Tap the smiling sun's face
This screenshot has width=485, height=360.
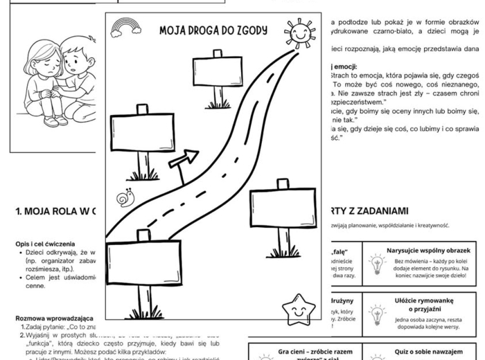click(x=301, y=33)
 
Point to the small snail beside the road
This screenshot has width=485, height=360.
click(x=125, y=199)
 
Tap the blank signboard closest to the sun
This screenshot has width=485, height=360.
click(x=218, y=73)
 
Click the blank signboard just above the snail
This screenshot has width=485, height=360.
click(x=143, y=132)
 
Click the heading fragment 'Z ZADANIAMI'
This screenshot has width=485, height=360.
click(x=378, y=210)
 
